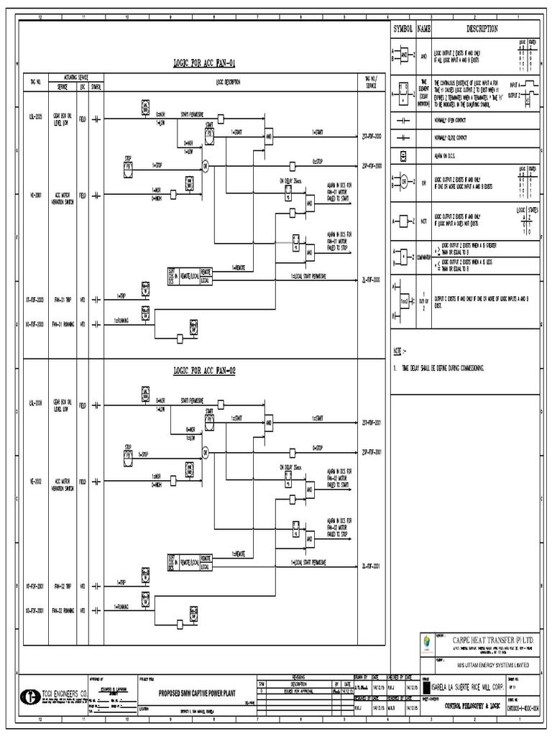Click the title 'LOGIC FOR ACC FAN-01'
[204, 63]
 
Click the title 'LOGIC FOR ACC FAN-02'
[204, 371]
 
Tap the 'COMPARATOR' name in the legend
[424, 256]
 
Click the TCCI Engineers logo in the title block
[31, 696]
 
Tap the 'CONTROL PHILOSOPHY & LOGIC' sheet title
[472, 707]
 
